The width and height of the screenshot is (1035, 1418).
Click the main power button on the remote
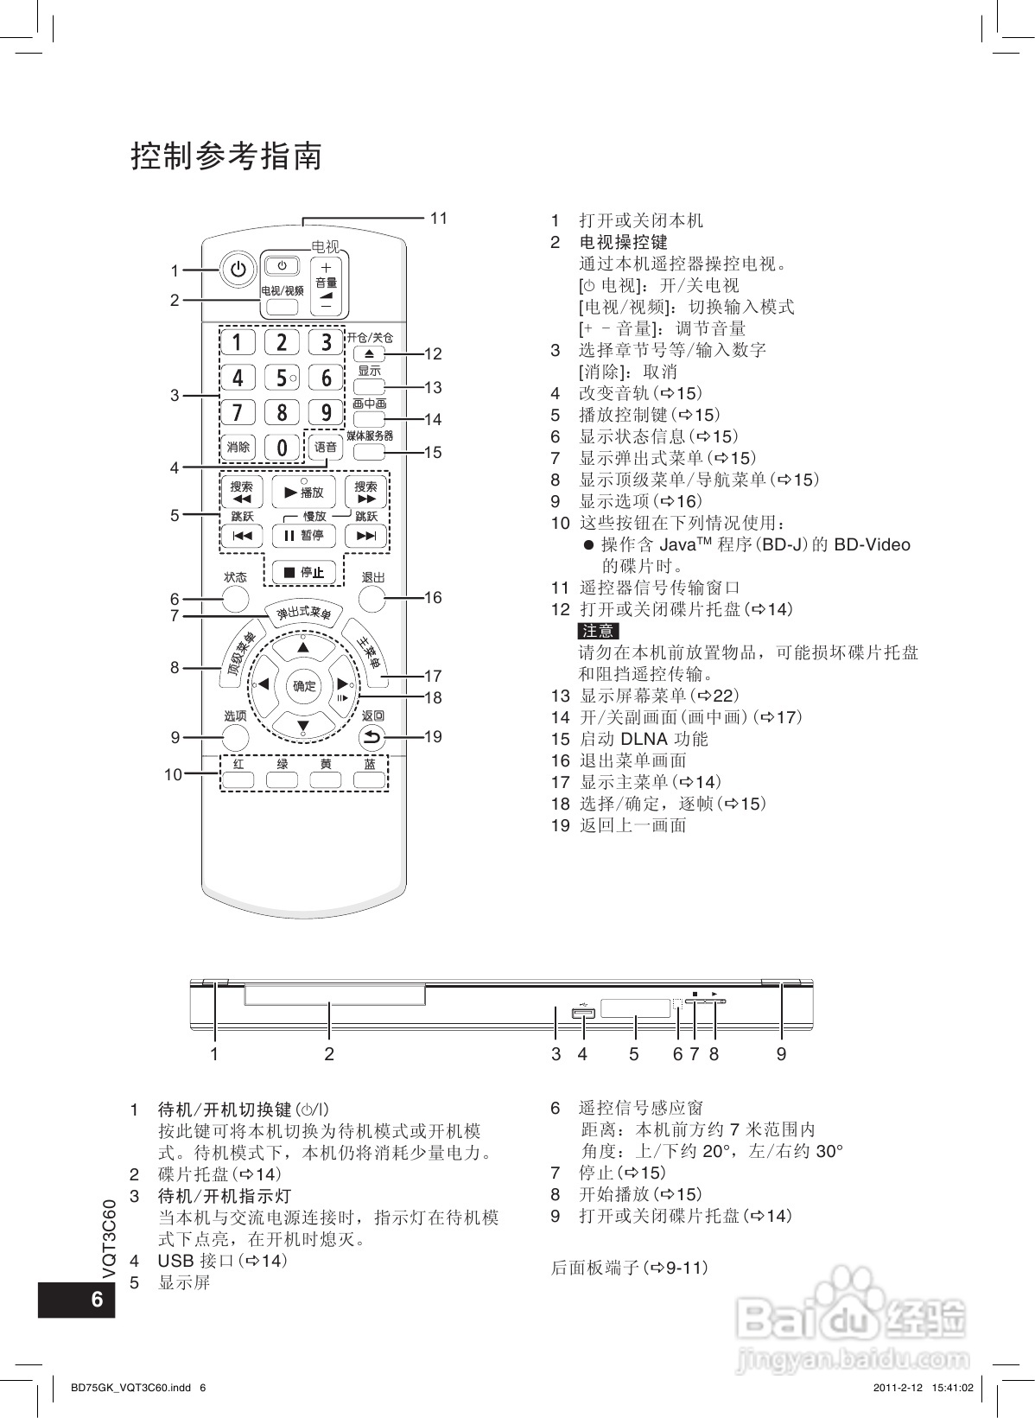pos(238,270)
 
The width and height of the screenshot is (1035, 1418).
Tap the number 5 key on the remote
pos(282,378)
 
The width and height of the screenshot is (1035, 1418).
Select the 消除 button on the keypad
pos(238,447)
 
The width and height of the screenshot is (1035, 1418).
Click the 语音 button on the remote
pos(326,447)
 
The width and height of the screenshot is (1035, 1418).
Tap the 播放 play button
pos(303,492)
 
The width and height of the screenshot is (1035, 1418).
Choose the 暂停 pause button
pos(303,536)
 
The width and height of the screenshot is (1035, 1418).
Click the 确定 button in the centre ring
pos(303,685)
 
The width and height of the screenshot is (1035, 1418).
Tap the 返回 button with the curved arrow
pos(372,737)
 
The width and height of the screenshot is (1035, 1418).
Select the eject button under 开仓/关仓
pos(369,353)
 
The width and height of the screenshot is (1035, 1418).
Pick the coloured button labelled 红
pos(238,779)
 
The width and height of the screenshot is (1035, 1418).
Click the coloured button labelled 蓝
pos(369,779)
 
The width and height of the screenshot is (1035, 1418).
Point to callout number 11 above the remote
pos(439,218)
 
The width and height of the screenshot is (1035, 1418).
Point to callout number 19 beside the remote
pos(433,736)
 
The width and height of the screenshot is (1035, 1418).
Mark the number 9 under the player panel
pos(781,1054)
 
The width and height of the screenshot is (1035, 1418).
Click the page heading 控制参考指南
pos(226,156)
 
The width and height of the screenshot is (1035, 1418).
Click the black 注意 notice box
pos(598,631)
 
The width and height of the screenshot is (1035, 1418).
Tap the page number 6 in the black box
pos(97,1300)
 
